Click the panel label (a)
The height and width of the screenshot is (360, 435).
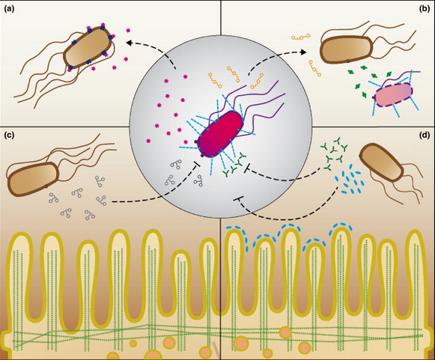click(9, 9)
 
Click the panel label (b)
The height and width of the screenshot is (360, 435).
click(425, 9)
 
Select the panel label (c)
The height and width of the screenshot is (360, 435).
click(9, 135)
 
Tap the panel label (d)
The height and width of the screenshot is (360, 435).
click(425, 135)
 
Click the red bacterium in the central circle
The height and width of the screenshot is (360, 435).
click(221, 134)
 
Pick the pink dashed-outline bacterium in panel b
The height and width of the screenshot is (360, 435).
click(393, 95)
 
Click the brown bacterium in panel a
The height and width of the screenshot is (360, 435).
click(88, 47)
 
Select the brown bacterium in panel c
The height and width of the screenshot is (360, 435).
click(33, 179)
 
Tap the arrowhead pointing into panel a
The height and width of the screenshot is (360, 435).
click(129, 43)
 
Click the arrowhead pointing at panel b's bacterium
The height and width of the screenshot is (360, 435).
click(303, 52)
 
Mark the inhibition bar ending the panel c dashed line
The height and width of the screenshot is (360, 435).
click(197, 165)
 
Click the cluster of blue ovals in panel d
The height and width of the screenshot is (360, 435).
click(351, 179)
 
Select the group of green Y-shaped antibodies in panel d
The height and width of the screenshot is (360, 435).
click(333, 153)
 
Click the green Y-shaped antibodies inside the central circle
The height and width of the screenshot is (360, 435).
click(234, 165)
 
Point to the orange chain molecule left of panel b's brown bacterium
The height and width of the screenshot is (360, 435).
click(300, 37)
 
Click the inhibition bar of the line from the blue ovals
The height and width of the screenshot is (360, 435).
click(239, 198)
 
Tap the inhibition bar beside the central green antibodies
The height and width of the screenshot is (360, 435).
click(246, 168)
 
